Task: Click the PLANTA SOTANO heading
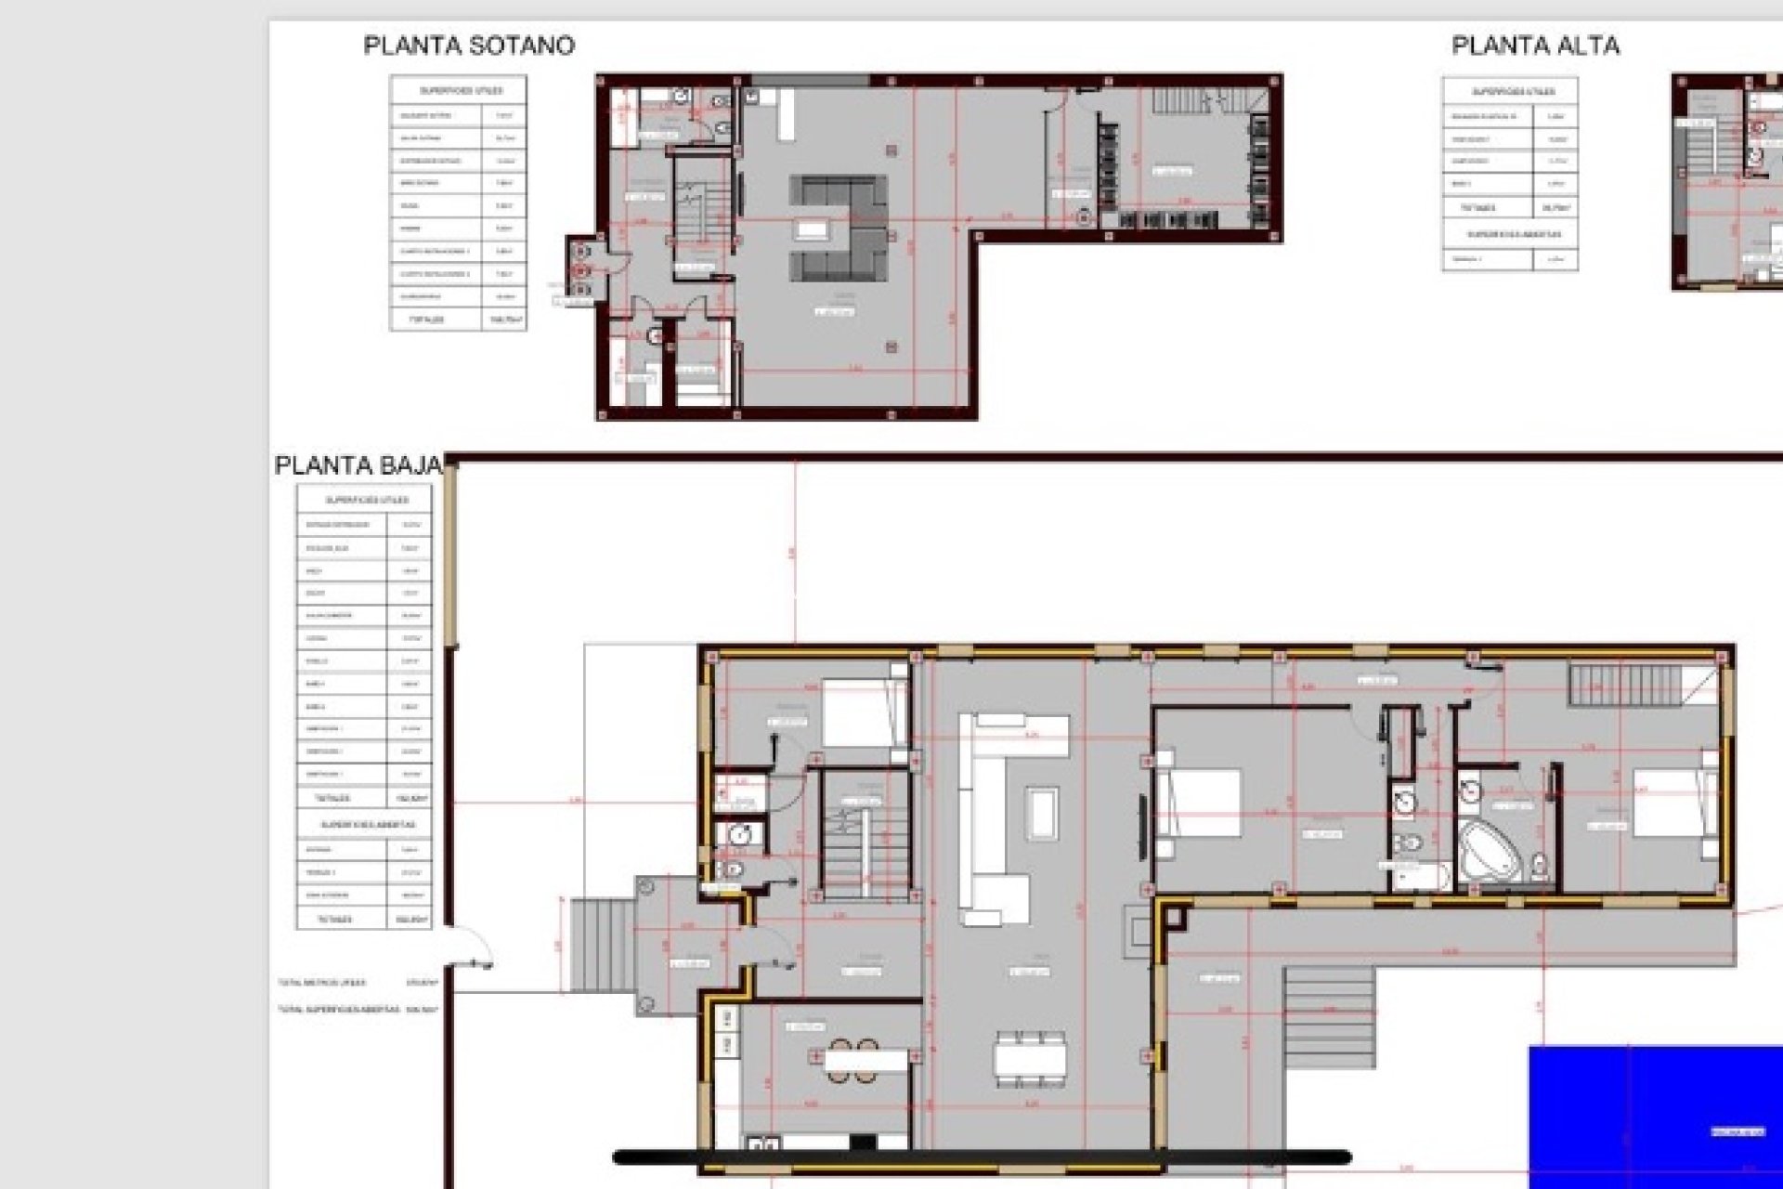(x=469, y=46)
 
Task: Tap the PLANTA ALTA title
(x=1535, y=46)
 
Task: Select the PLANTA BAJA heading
(x=357, y=465)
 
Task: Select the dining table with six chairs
(x=1030, y=1058)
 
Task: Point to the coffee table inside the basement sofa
(x=813, y=229)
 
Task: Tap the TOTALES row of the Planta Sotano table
(x=458, y=319)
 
